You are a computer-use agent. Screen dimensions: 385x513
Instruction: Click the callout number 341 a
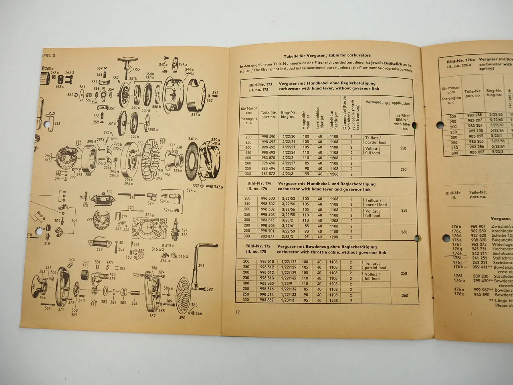click(195, 115)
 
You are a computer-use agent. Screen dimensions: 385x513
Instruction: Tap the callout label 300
click(109, 192)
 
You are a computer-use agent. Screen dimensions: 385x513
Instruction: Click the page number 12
click(238, 312)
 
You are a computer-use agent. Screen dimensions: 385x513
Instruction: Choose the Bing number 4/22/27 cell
click(288, 163)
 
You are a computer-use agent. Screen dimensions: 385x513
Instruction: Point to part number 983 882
click(267, 300)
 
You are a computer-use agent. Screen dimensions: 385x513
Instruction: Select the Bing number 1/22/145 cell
click(289, 278)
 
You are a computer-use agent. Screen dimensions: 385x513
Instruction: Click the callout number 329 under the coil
click(99, 249)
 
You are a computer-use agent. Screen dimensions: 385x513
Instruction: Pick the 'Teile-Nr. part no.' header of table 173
click(269, 115)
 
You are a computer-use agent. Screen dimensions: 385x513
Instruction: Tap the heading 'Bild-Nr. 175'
click(259, 246)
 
